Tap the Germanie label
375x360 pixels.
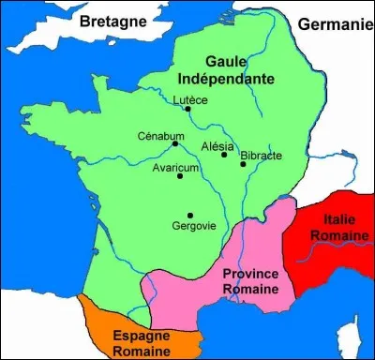click(334, 24)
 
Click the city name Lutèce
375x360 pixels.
click(191, 98)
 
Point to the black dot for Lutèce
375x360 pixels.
click(188, 109)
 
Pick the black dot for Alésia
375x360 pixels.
click(224, 156)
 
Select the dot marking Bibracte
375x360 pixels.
click(243, 164)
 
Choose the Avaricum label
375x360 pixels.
click(175, 167)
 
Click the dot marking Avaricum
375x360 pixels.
click(179, 176)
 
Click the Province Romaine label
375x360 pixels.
click(249, 281)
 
